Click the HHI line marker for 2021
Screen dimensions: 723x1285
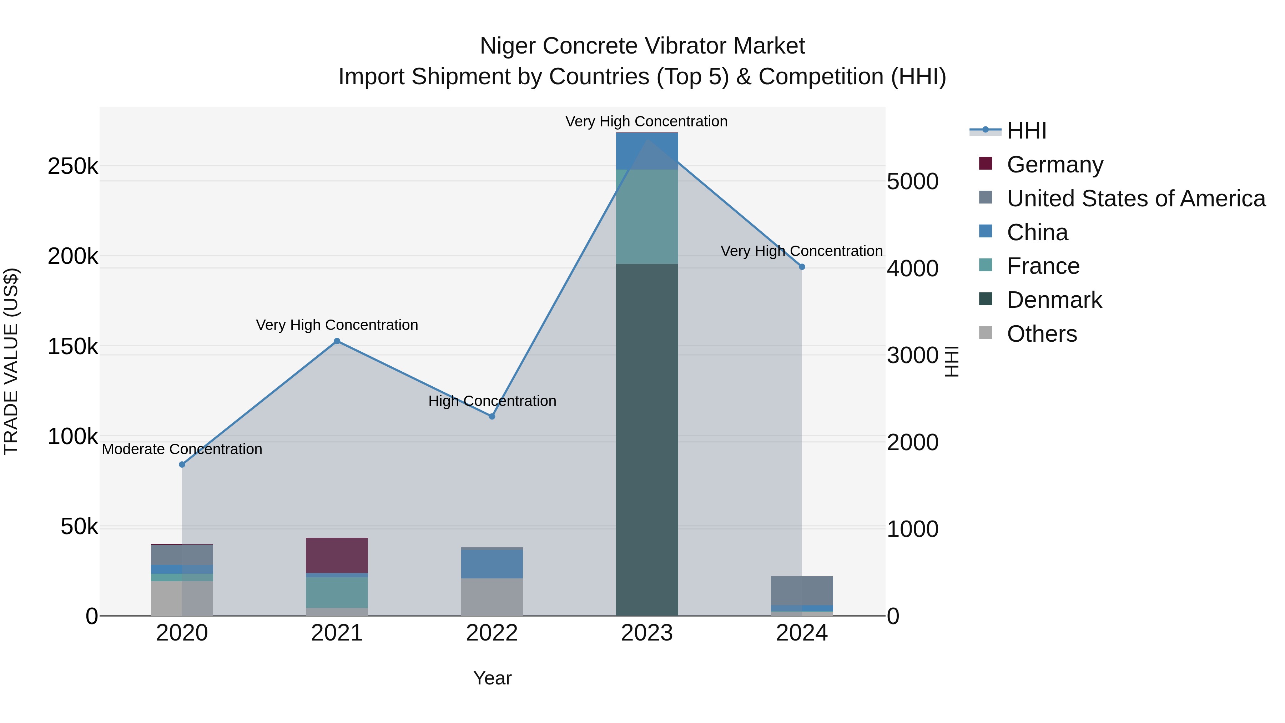pos(337,341)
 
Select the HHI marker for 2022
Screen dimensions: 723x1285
pos(492,416)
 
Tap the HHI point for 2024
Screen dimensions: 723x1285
pos(802,267)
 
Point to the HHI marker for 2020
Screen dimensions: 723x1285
pos(182,465)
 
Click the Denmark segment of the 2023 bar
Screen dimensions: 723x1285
pos(647,439)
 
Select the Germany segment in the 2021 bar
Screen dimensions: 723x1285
pos(337,555)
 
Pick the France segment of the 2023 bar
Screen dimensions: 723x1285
pos(647,217)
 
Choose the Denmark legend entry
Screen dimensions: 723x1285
pos(1054,300)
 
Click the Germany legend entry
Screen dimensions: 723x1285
pos(1054,165)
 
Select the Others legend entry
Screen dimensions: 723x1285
pos(1042,334)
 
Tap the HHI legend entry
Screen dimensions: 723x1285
pos(1026,131)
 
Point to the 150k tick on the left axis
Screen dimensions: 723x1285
pos(73,346)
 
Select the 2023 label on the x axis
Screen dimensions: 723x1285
pos(647,633)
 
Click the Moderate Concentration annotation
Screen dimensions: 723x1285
pos(182,449)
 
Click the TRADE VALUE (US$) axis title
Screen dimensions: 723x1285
pos(11,361)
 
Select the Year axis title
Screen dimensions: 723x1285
pos(492,678)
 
